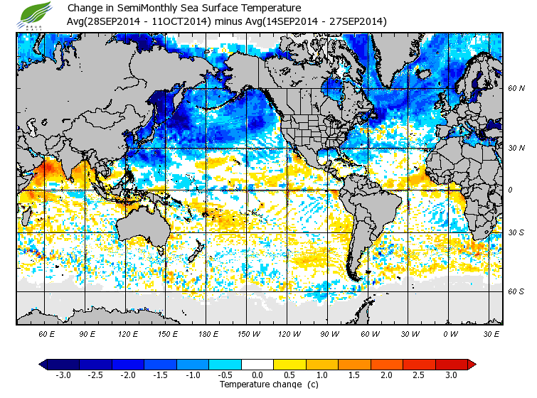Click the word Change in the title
84,9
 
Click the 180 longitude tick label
208,333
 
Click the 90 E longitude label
87,333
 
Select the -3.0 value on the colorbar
63,375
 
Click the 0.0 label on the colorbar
257,375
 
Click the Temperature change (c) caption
258,384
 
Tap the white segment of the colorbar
257,365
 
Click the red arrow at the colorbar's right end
472,365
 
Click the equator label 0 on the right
511,190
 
